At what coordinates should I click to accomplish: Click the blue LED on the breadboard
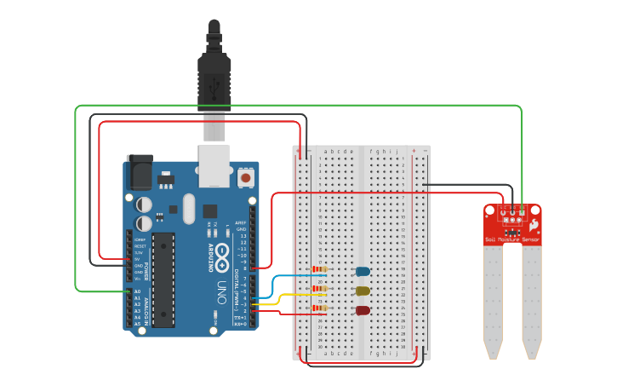point(363,272)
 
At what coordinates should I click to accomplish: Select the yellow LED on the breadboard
point(363,291)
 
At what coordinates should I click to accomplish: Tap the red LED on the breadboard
point(363,310)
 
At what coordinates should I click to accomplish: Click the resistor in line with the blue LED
point(320,269)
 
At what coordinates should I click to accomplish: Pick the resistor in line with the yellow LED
point(320,289)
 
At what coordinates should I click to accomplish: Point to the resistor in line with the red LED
point(320,308)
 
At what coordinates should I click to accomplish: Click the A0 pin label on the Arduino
point(137,292)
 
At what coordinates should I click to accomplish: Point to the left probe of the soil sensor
point(493,302)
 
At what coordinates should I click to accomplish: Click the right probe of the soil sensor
point(532,302)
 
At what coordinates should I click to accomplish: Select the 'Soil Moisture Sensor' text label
point(512,240)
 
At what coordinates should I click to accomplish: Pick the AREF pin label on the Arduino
point(241,222)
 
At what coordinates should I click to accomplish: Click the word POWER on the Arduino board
point(145,272)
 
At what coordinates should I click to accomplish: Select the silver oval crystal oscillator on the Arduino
point(188,209)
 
